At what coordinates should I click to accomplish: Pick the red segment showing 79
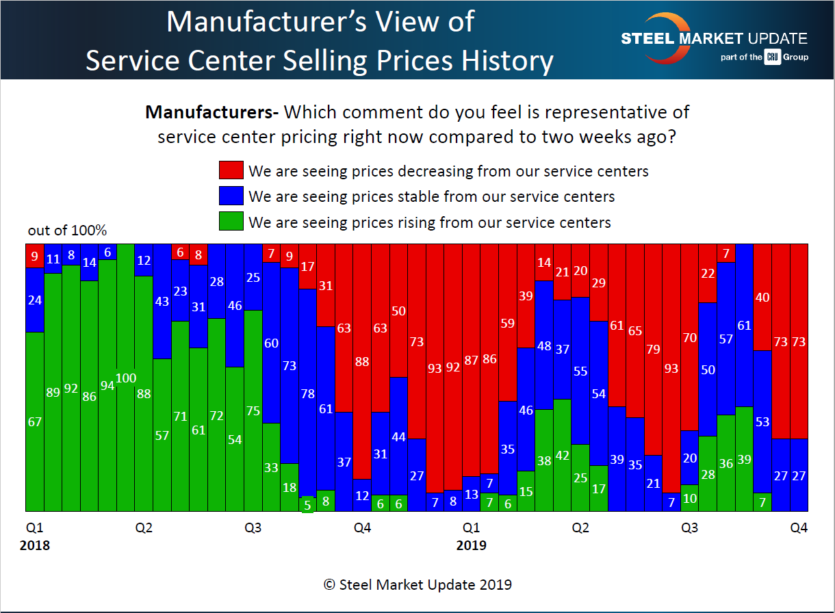click(653, 349)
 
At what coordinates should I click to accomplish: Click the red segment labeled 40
click(762, 297)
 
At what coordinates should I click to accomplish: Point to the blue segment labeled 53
click(762, 422)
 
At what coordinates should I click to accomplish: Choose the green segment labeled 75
click(253, 410)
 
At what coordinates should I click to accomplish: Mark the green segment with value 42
click(562, 455)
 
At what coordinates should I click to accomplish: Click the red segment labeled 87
click(471, 360)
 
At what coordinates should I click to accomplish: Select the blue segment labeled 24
click(35, 300)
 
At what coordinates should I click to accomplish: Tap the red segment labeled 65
click(635, 330)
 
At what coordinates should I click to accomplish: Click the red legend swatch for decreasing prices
click(231, 170)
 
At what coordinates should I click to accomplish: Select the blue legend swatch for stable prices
click(231, 196)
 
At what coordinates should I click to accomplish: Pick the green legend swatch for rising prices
click(231, 222)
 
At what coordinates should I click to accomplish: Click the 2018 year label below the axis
click(35, 545)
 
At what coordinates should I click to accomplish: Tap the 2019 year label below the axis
click(471, 545)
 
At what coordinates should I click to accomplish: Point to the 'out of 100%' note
click(67, 231)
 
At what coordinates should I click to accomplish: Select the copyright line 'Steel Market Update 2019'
click(417, 585)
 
